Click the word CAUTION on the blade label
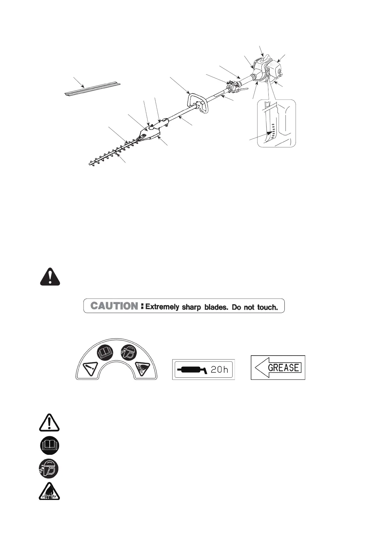[114, 306]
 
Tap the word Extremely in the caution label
[162, 307]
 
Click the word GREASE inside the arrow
[283, 367]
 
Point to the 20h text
[219, 370]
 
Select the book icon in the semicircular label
[105, 353]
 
